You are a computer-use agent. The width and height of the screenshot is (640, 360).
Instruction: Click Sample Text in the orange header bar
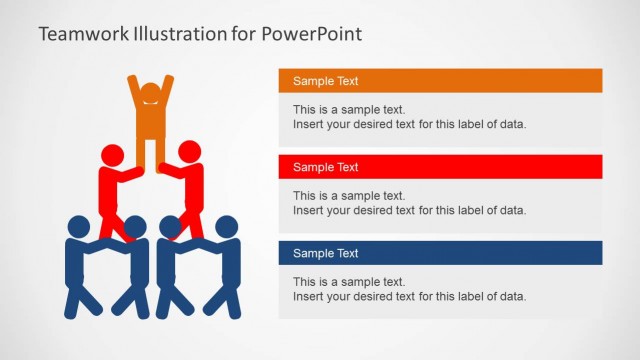click(x=325, y=81)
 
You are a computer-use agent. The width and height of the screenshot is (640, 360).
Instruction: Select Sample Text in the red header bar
click(x=325, y=167)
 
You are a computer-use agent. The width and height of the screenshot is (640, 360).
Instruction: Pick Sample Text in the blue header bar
click(x=325, y=253)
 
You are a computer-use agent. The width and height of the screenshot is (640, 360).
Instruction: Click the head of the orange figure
click(x=150, y=94)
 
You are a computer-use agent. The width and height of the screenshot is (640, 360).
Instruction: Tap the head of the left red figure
click(x=112, y=154)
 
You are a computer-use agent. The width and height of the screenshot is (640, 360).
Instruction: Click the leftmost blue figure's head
click(x=78, y=227)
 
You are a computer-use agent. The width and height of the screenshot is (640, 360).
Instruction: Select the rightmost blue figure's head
click(x=227, y=227)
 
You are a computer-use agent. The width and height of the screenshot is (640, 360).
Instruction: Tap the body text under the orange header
click(x=409, y=117)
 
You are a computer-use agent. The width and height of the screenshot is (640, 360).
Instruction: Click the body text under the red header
click(x=409, y=203)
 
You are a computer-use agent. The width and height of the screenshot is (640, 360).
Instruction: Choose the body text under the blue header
click(x=409, y=289)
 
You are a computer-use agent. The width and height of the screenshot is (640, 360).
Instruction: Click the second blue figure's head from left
click(x=134, y=227)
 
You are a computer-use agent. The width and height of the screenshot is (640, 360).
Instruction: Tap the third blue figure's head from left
click(x=170, y=227)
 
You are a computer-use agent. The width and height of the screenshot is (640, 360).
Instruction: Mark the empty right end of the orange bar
click(x=560, y=81)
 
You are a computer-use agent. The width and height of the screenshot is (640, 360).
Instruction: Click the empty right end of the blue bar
click(x=560, y=253)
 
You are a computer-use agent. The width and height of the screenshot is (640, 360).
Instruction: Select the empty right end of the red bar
click(x=560, y=167)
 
